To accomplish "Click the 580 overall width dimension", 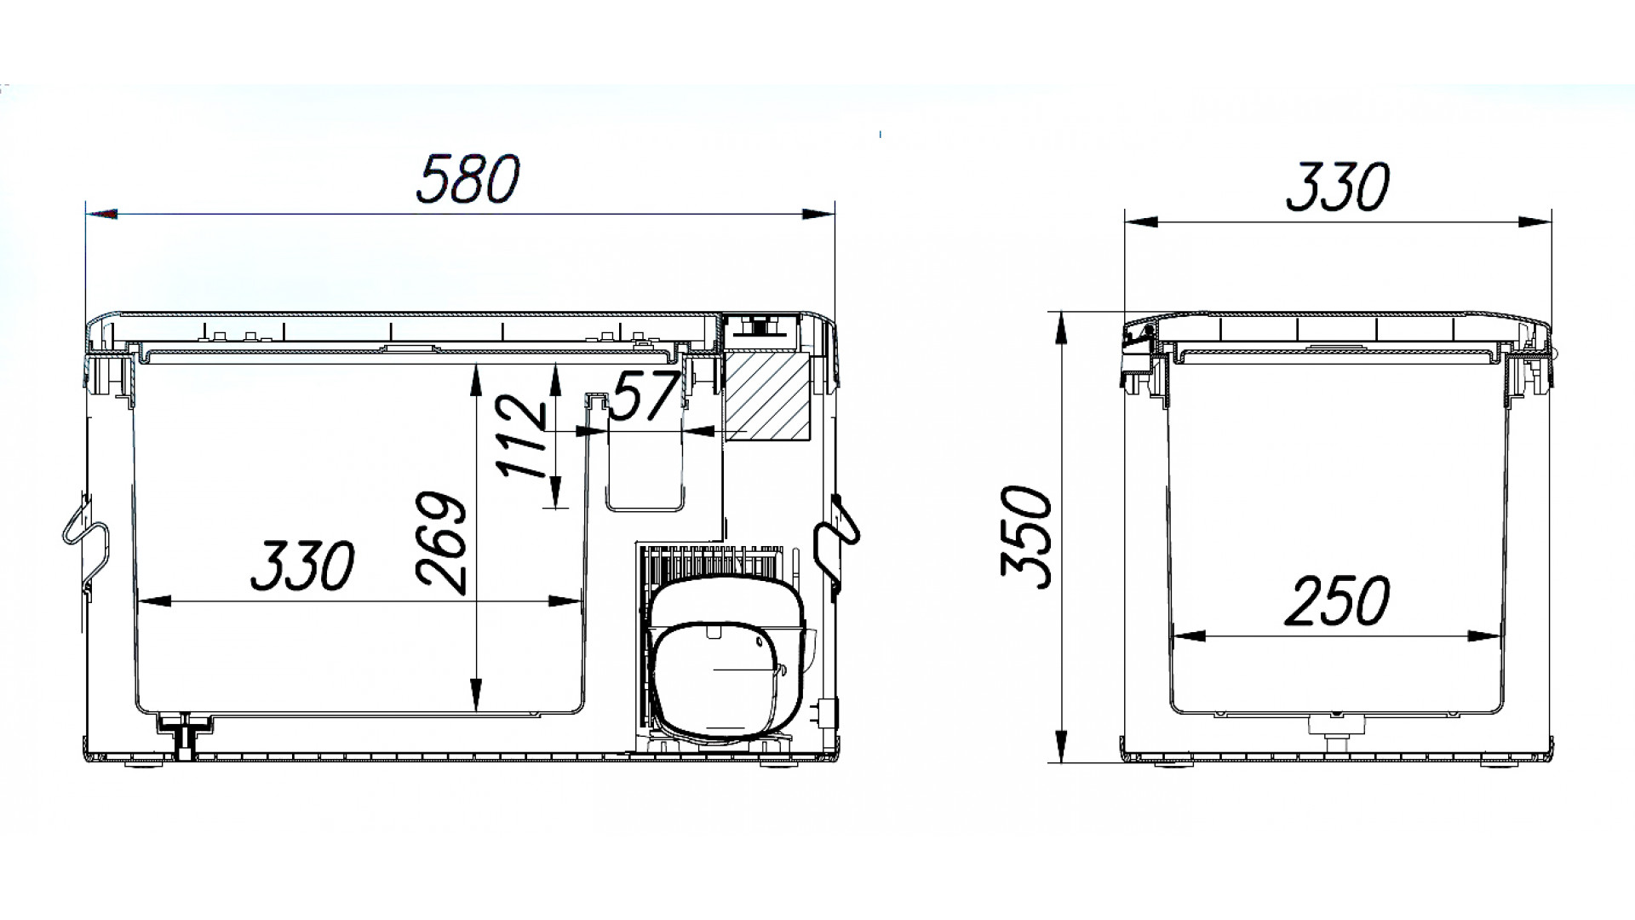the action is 468,180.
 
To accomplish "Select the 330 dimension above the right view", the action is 1337,188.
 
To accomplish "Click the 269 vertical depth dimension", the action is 443,542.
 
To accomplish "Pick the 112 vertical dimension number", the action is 521,436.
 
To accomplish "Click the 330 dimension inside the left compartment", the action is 301,566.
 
